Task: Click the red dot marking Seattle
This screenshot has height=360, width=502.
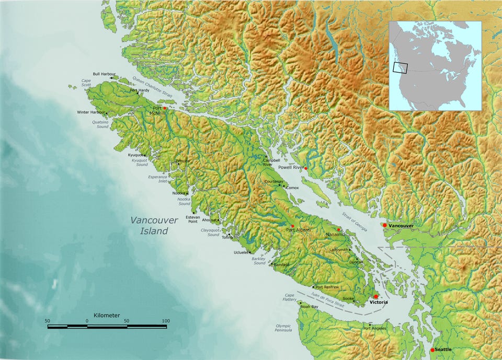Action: tap(432, 350)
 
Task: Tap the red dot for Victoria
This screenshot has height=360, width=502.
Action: tap(376, 296)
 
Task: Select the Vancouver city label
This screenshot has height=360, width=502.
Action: tap(401, 226)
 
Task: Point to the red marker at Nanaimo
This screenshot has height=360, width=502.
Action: tap(339, 229)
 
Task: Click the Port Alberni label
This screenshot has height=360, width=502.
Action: tap(299, 230)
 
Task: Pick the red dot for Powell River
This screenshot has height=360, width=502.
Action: tap(306, 168)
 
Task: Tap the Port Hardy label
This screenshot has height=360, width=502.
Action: tap(140, 90)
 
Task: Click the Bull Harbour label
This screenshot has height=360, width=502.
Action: tap(104, 74)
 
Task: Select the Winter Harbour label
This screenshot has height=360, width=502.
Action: tap(90, 112)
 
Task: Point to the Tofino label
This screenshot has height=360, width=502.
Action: tap(227, 238)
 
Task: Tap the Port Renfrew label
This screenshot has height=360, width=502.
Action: tap(327, 287)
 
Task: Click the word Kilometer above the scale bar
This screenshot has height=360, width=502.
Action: tap(107, 316)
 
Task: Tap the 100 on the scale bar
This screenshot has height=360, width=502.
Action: tap(166, 320)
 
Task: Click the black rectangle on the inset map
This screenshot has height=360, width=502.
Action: tap(400, 67)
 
